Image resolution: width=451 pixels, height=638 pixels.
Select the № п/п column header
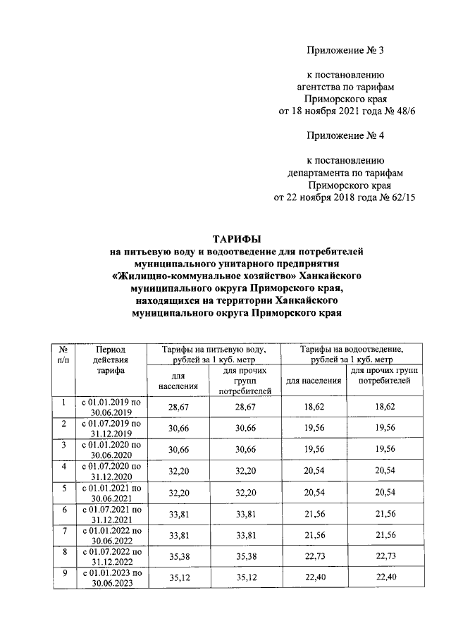coord(63,354)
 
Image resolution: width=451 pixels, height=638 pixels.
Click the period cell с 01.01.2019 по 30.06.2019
coord(112,407)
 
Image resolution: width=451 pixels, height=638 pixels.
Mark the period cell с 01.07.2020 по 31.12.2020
coord(112,472)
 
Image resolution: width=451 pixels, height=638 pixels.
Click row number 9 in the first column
coord(63,574)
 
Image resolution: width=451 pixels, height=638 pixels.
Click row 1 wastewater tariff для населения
coord(313,407)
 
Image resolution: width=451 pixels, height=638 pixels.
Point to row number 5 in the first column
coord(63,487)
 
